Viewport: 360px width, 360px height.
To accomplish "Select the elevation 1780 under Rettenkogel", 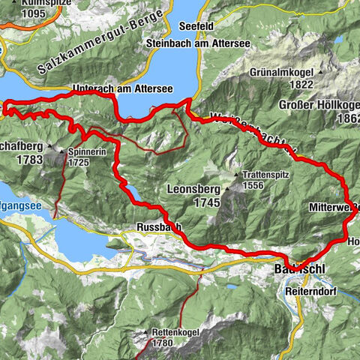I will click(160, 343).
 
